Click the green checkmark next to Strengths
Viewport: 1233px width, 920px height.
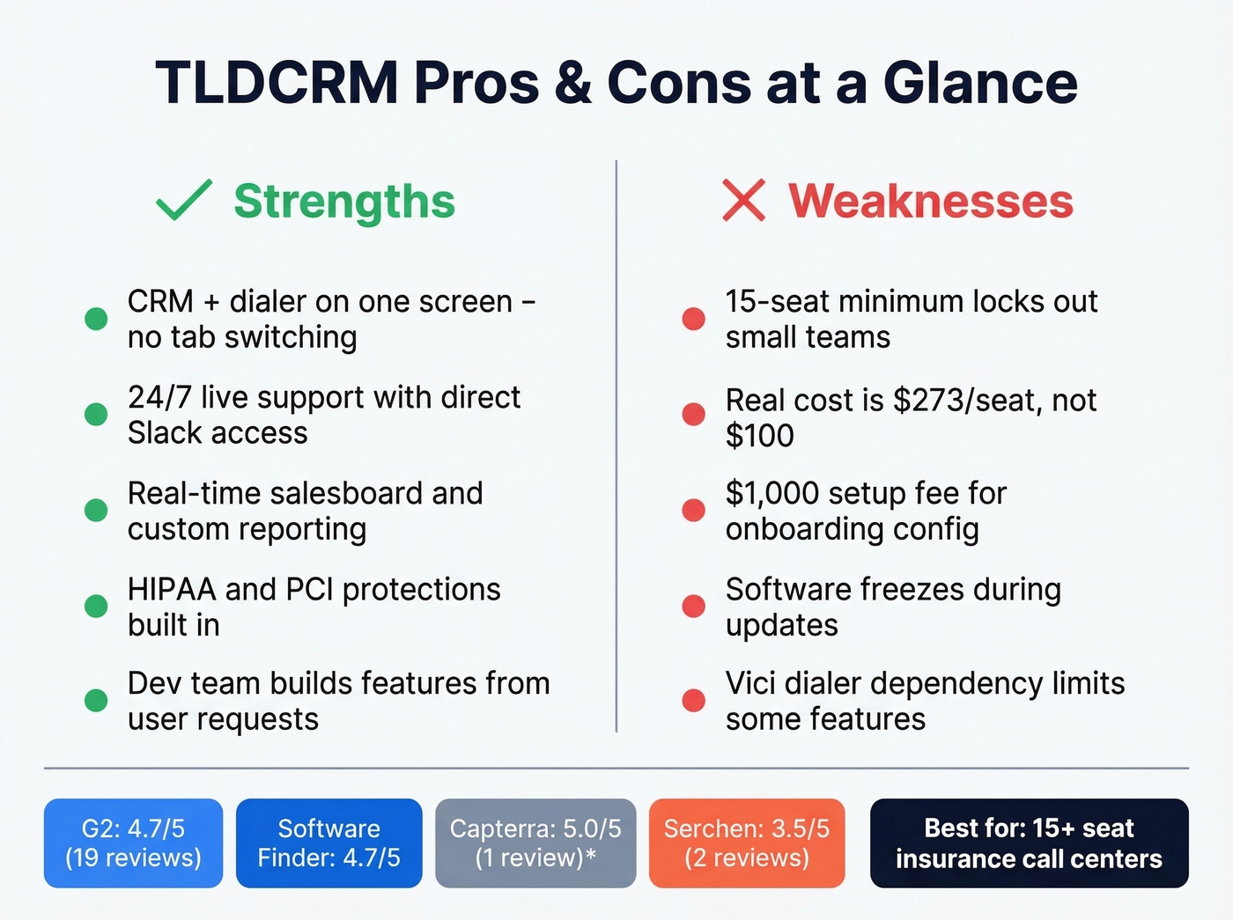[x=183, y=200]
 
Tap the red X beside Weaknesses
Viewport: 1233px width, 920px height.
[x=744, y=200]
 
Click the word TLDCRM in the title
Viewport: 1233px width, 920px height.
[x=277, y=83]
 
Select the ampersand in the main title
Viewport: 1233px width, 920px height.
[x=572, y=83]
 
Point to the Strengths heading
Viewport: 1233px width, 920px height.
[x=344, y=201]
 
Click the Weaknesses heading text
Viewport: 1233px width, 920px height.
[x=930, y=201]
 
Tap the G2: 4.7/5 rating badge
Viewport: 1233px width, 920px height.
[x=133, y=843]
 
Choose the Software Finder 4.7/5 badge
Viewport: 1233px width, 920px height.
[x=329, y=843]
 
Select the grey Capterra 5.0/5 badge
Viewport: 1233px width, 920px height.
[x=535, y=843]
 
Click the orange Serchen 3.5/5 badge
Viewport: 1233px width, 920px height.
[x=747, y=843]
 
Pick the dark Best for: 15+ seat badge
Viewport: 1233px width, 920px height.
[x=1029, y=843]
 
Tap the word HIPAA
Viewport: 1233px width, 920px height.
[x=172, y=589]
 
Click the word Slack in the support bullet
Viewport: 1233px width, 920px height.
[x=159, y=433]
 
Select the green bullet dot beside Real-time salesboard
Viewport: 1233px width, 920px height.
[x=96, y=511]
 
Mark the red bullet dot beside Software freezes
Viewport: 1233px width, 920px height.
[x=694, y=606]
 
